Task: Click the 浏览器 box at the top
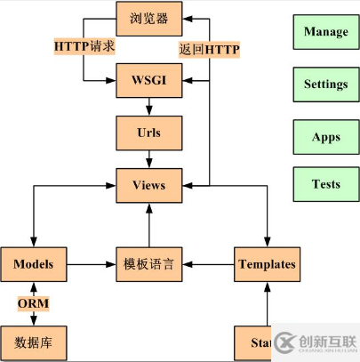click(149, 17)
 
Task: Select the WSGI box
click(149, 80)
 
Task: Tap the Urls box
click(149, 133)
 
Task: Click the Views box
click(149, 185)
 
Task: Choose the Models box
click(34, 264)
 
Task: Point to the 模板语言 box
click(149, 264)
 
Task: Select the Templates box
click(267, 264)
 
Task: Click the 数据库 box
click(34, 342)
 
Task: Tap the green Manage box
click(325, 32)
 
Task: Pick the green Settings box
click(325, 84)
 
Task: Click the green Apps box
click(325, 138)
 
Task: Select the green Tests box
click(325, 184)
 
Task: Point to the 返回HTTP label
click(210, 49)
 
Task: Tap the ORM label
click(34, 303)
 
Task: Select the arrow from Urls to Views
click(149, 159)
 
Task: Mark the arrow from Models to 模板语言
click(92, 264)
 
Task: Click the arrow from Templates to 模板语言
click(210, 264)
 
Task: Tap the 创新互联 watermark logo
click(316, 342)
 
